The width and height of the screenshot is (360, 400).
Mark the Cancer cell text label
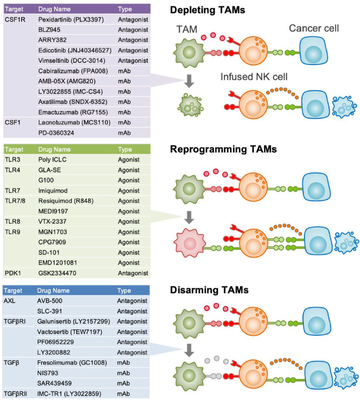314,29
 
